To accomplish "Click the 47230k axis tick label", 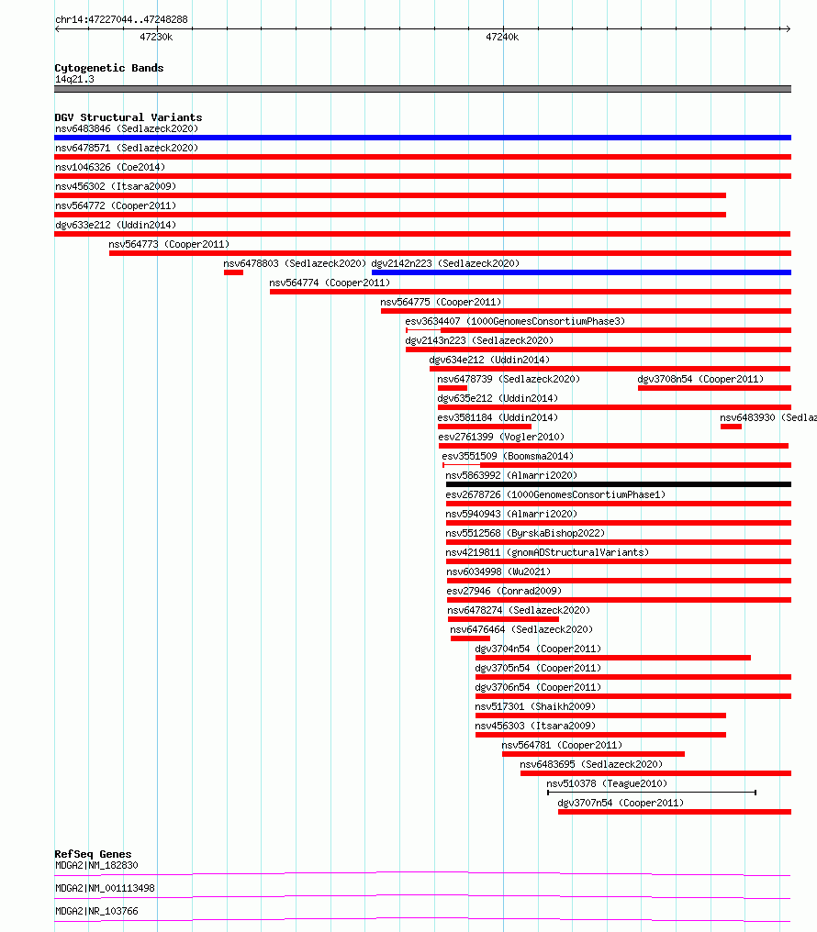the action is coord(156,37).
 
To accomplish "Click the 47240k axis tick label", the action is coord(502,37).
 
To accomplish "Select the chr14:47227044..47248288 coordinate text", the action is coord(121,19).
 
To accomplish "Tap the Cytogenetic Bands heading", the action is coord(109,68).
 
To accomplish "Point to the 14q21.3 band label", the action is coord(74,79).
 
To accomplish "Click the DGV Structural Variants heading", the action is coord(129,117).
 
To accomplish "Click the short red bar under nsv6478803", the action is coord(234,272).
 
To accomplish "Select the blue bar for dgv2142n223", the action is coord(581,272).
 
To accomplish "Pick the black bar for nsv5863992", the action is coord(619,484).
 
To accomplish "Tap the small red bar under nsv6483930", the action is coord(731,427).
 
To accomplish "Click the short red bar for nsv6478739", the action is coord(453,388).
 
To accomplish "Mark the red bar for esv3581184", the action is coord(485,427).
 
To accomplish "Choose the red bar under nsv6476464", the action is coord(470,638).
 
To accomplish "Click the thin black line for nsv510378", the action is coord(652,793).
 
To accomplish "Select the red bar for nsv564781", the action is coord(593,754).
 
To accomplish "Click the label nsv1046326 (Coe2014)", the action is coord(110,167).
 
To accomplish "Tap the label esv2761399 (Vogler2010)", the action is coord(501,437).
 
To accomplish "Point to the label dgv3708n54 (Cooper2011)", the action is coord(700,379).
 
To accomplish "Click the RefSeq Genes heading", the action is coord(93,854).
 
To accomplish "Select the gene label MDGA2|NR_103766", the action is coord(96,911).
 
